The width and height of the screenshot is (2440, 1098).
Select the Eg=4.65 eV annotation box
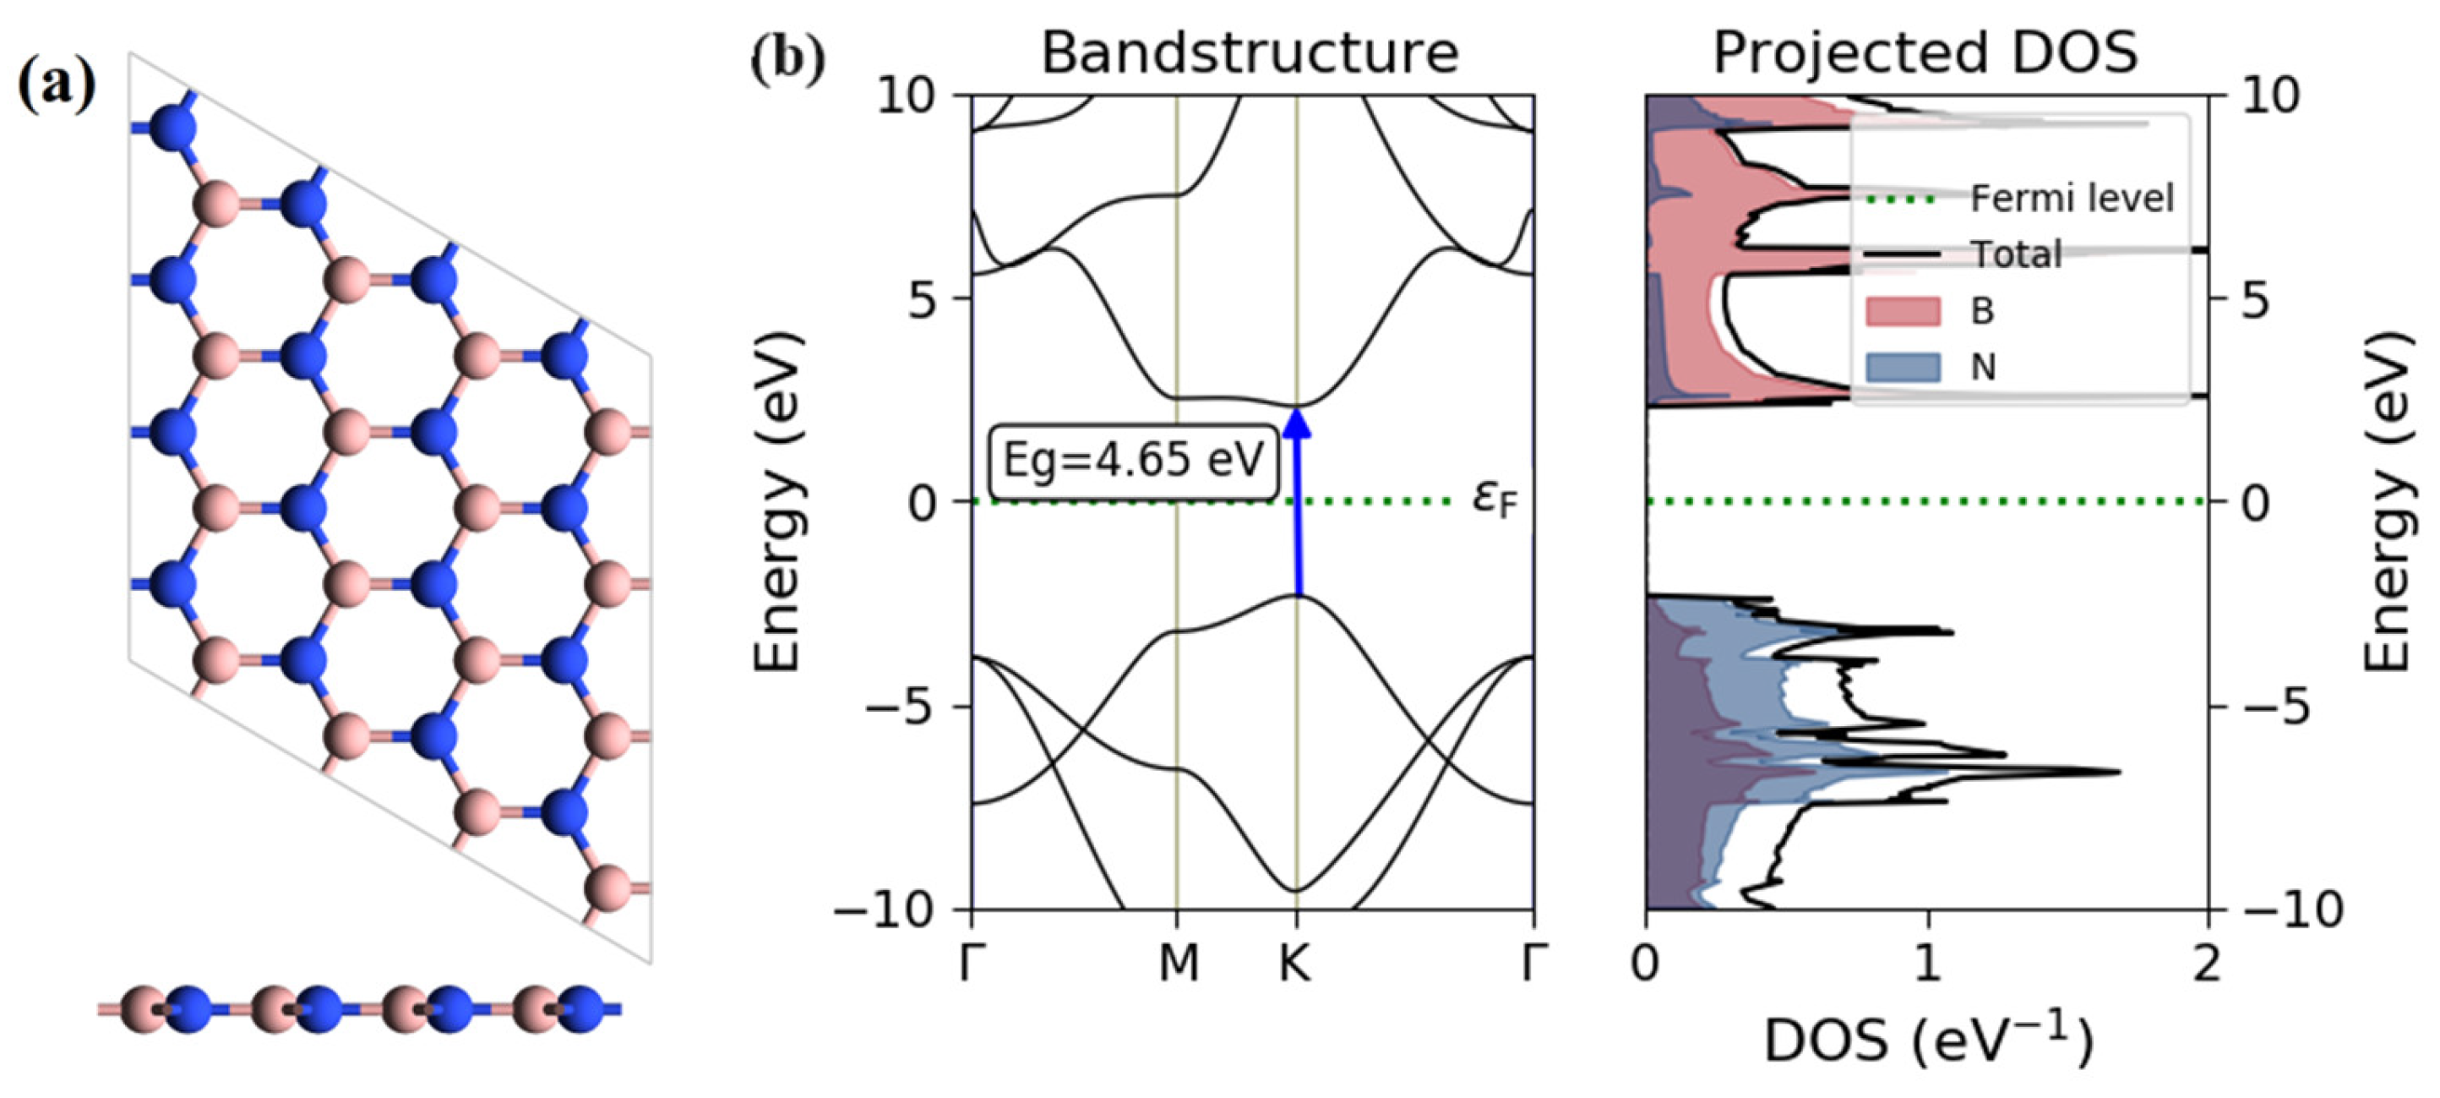1134,462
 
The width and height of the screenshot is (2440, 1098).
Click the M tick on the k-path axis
1178,964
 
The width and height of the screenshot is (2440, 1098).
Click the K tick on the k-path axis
1296,964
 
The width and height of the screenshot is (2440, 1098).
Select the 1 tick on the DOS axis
1926,964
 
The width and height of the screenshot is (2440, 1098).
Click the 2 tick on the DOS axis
2207,964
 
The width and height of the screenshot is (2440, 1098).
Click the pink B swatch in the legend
1902,311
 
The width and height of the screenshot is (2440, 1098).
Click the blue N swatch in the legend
1902,367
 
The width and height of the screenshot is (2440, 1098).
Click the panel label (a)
57,85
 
